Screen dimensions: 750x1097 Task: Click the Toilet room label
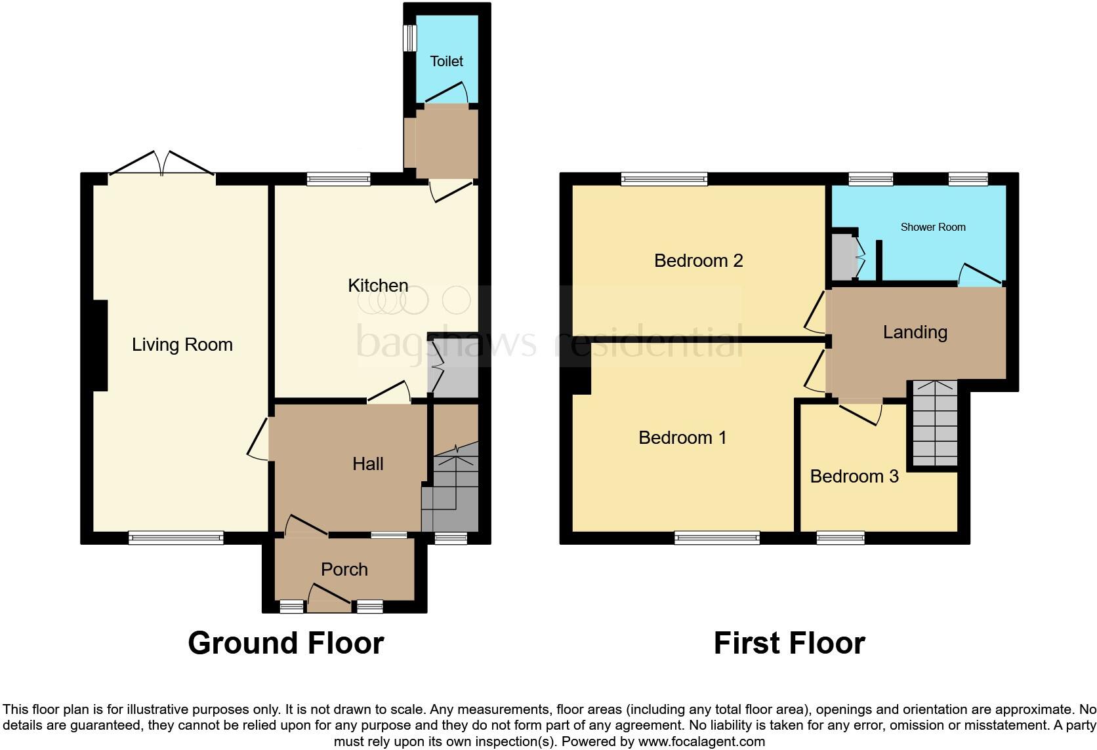[x=446, y=61]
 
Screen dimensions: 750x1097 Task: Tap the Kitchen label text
[x=378, y=285]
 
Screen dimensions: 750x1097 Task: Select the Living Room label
[x=182, y=345]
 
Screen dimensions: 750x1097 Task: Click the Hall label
[x=367, y=464]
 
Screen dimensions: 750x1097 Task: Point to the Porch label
[x=344, y=569]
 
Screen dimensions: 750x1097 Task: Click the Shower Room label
[x=932, y=227]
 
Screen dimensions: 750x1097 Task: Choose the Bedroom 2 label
[x=698, y=261]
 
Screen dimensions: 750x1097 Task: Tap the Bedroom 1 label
[x=682, y=437]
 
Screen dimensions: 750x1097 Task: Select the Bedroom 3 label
[x=854, y=476]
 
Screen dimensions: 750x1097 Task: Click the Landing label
[x=915, y=332]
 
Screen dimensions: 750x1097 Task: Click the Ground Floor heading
[x=285, y=643]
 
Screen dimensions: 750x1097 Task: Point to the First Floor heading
[x=789, y=643]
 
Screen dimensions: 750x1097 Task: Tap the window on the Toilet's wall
[x=409, y=37]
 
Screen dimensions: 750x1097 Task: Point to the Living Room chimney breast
[x=100, y=345]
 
